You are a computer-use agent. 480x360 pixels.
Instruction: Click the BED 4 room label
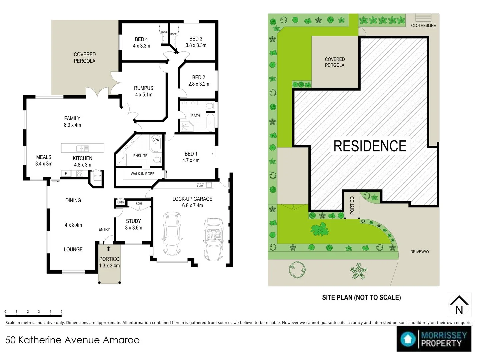point(141,39)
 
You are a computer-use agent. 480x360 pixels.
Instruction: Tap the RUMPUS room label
point(143,88)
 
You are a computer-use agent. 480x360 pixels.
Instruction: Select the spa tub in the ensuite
point(156,144)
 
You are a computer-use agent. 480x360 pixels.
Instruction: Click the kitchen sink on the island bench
point(82,148)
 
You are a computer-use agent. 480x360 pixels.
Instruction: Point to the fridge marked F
point(66,174)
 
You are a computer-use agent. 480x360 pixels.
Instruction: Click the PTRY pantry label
point(98,176)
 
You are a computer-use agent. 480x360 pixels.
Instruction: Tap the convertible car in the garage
point(214,239)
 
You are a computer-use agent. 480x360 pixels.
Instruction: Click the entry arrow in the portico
point(108,249)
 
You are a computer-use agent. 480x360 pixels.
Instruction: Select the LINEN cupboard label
point(121,202)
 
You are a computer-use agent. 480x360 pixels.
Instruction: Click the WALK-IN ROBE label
point(143,174)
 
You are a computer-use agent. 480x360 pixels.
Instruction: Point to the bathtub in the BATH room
point(211,123)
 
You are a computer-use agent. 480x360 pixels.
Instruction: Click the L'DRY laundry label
point(200,186)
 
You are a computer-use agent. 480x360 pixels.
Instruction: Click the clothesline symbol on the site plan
point(423,17)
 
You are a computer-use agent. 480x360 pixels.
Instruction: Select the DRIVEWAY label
point(420,252)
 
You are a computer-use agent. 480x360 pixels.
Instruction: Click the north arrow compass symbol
point(459,305)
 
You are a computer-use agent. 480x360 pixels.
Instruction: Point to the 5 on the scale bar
point(61,311)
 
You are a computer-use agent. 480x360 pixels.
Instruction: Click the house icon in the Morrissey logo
point(407,339)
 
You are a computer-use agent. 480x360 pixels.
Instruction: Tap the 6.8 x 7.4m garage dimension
point(192,205)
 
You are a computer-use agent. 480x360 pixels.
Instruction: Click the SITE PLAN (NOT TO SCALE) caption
point(361,297)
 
